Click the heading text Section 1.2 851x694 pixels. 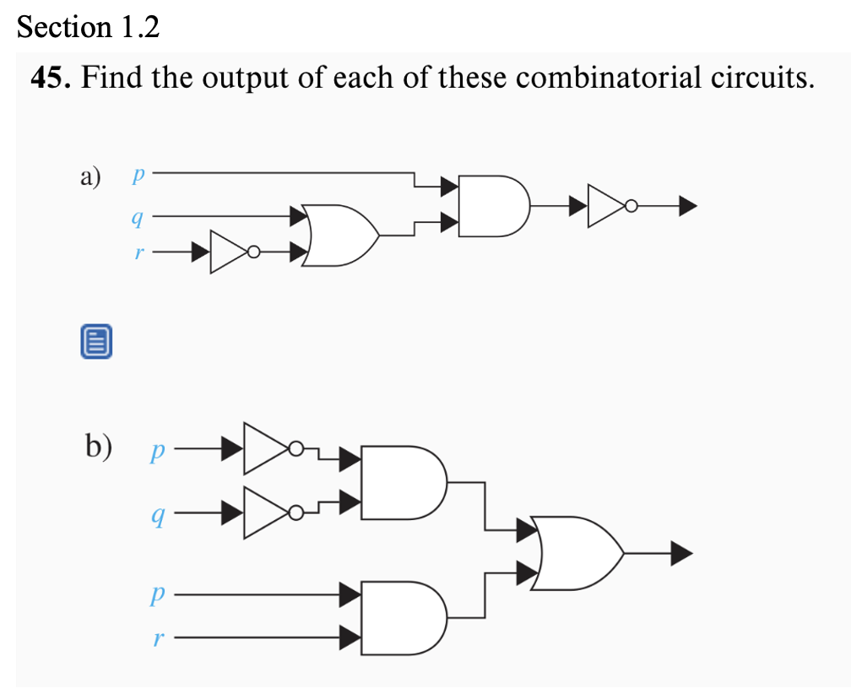88,28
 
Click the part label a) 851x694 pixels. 89,177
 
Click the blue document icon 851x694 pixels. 96,342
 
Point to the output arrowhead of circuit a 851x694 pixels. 687,204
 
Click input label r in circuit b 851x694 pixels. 155,638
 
